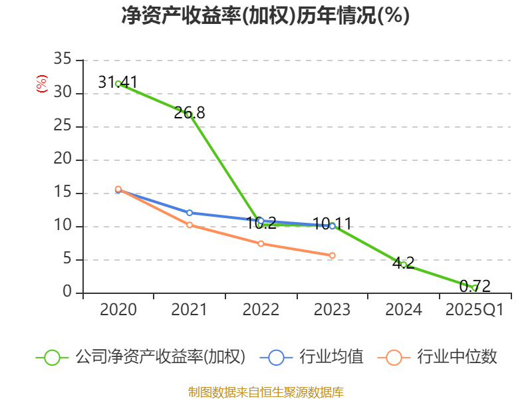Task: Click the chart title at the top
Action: (x=265, y=15)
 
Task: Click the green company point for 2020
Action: (x=118, y=84)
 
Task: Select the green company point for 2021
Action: (x=189, y=114)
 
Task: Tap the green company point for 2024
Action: (x=404, y=265)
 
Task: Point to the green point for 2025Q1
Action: (x=475, y=288)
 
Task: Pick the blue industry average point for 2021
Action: (x=189, y=213)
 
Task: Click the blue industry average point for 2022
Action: (x=261, y=221)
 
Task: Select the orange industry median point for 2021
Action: (x=189, y=225)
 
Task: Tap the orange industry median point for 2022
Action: (x=261, y=244)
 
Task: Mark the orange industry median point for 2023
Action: (x=332, y=255)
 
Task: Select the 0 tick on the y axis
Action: (x=66, y=293)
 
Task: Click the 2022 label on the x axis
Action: (x=261, y=310)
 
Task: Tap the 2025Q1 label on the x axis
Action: (x=474, y=310)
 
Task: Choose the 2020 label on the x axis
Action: (x=118, y=310)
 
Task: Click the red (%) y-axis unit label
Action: (x=41, y=84)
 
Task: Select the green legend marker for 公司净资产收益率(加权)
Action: (x=52, y=357)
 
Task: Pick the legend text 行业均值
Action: (x=331, y=357)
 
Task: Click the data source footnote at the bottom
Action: (x=265, y=392)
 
